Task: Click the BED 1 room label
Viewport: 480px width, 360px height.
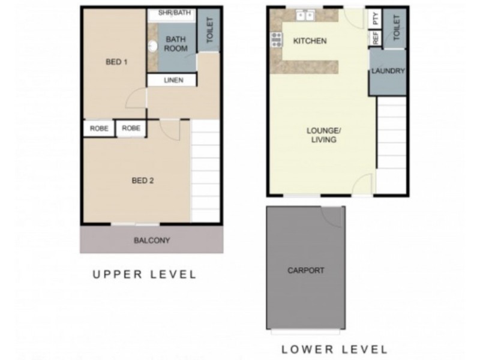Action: point(117,62)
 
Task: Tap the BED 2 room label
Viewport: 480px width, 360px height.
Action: point(143,179)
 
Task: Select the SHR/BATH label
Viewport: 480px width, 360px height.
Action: point(173,13)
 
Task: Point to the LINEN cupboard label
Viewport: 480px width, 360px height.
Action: point(172,80)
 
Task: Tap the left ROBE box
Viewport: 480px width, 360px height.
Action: point(98,128)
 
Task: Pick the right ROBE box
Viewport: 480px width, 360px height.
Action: point(131,128)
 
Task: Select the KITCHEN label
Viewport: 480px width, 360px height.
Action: point(310,41)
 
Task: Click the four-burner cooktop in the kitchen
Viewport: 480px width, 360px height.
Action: point(277,40)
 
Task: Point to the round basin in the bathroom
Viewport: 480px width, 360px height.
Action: point(153,46)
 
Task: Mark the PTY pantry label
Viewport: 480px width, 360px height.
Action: point(376,19)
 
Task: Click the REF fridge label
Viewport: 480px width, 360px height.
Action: point(376,39)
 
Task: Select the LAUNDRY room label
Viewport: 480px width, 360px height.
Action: point(388,71)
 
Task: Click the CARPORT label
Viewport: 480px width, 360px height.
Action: point(306,270)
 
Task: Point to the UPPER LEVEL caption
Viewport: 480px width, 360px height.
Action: point(144,275)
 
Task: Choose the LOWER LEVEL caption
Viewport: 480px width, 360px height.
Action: point(335,349)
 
